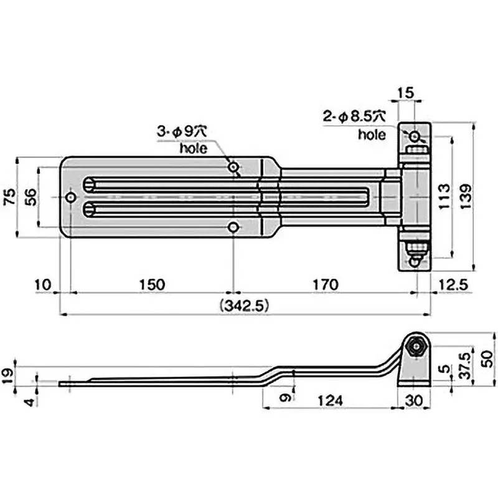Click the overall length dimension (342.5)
tap(243, 305)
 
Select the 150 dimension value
tap(152, 284)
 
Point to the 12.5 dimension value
tap(453, 284)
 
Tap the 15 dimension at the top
tap(405, 93)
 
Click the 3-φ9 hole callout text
tap(181, 131)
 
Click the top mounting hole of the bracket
tap(415, 135)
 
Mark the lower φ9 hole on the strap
tap(233, 228)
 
